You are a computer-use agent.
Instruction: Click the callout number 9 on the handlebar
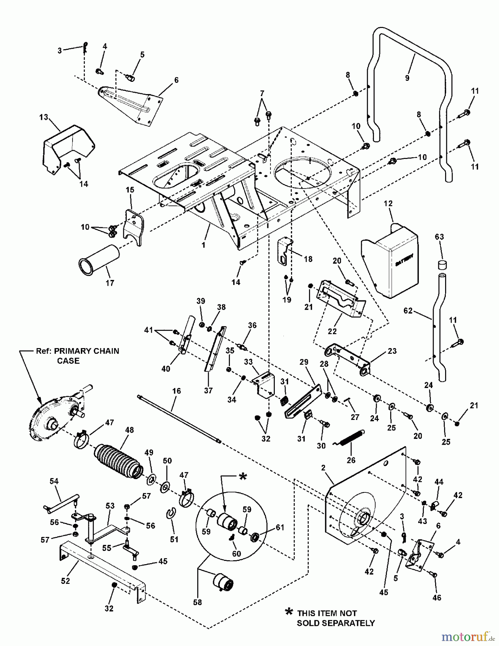[x=407, y=78]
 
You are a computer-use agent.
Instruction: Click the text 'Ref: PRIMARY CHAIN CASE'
[x=77, y=356]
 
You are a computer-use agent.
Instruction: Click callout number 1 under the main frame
[x=203, y=245]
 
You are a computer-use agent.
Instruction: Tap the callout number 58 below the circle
[x=197, y=602]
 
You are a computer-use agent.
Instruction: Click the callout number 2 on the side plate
[x=323, y=467]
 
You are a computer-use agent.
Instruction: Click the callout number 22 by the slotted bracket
[x=332, y=331]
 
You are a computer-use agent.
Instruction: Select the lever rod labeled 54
[x=61, y=501]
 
